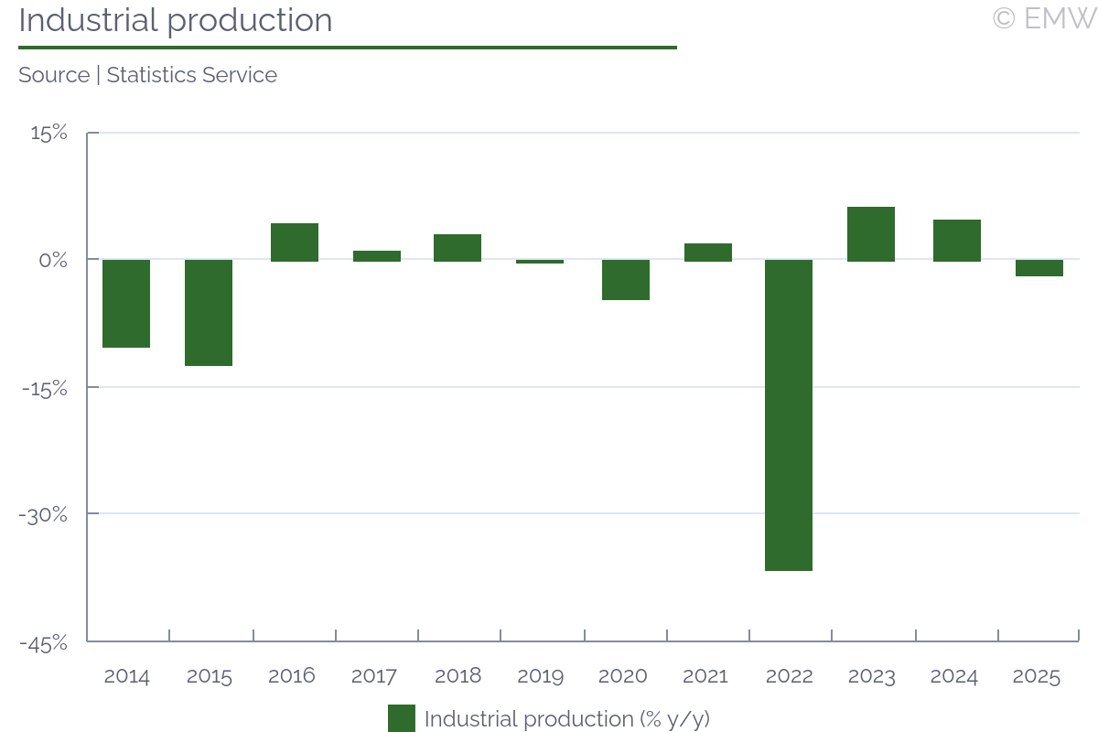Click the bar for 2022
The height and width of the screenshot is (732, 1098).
tap(789, 415)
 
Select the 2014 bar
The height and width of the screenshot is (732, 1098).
tap(126, 304)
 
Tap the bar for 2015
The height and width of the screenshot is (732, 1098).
tap(209, 313)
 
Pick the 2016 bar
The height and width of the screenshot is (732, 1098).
tap(295, 242)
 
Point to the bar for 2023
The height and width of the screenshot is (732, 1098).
tap(871, 234)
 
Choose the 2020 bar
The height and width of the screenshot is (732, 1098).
tap(626, 280)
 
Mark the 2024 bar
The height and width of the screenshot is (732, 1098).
tap(957, 241)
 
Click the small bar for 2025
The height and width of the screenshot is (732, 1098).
tap(1039, 268)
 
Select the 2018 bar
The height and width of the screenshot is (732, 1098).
tap(457, 248)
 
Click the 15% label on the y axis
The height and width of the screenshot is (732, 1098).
tap(49, 134)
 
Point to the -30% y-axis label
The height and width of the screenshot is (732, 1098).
tap(44, 515)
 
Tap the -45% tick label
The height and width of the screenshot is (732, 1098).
tap(44, 643)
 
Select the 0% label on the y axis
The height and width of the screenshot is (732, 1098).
tap(54, 261)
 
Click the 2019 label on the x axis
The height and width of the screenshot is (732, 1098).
tap(540, 677)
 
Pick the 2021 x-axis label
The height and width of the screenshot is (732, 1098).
tap(705, 677)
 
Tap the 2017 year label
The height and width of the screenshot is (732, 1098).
tap(373, 677)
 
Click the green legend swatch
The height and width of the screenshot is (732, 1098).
tap(401, 718)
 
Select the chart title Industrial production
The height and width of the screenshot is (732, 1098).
tap(176, 20)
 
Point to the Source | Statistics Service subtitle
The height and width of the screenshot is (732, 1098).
tap(147, 75)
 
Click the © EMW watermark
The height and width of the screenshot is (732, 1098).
tap(1044, 18)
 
